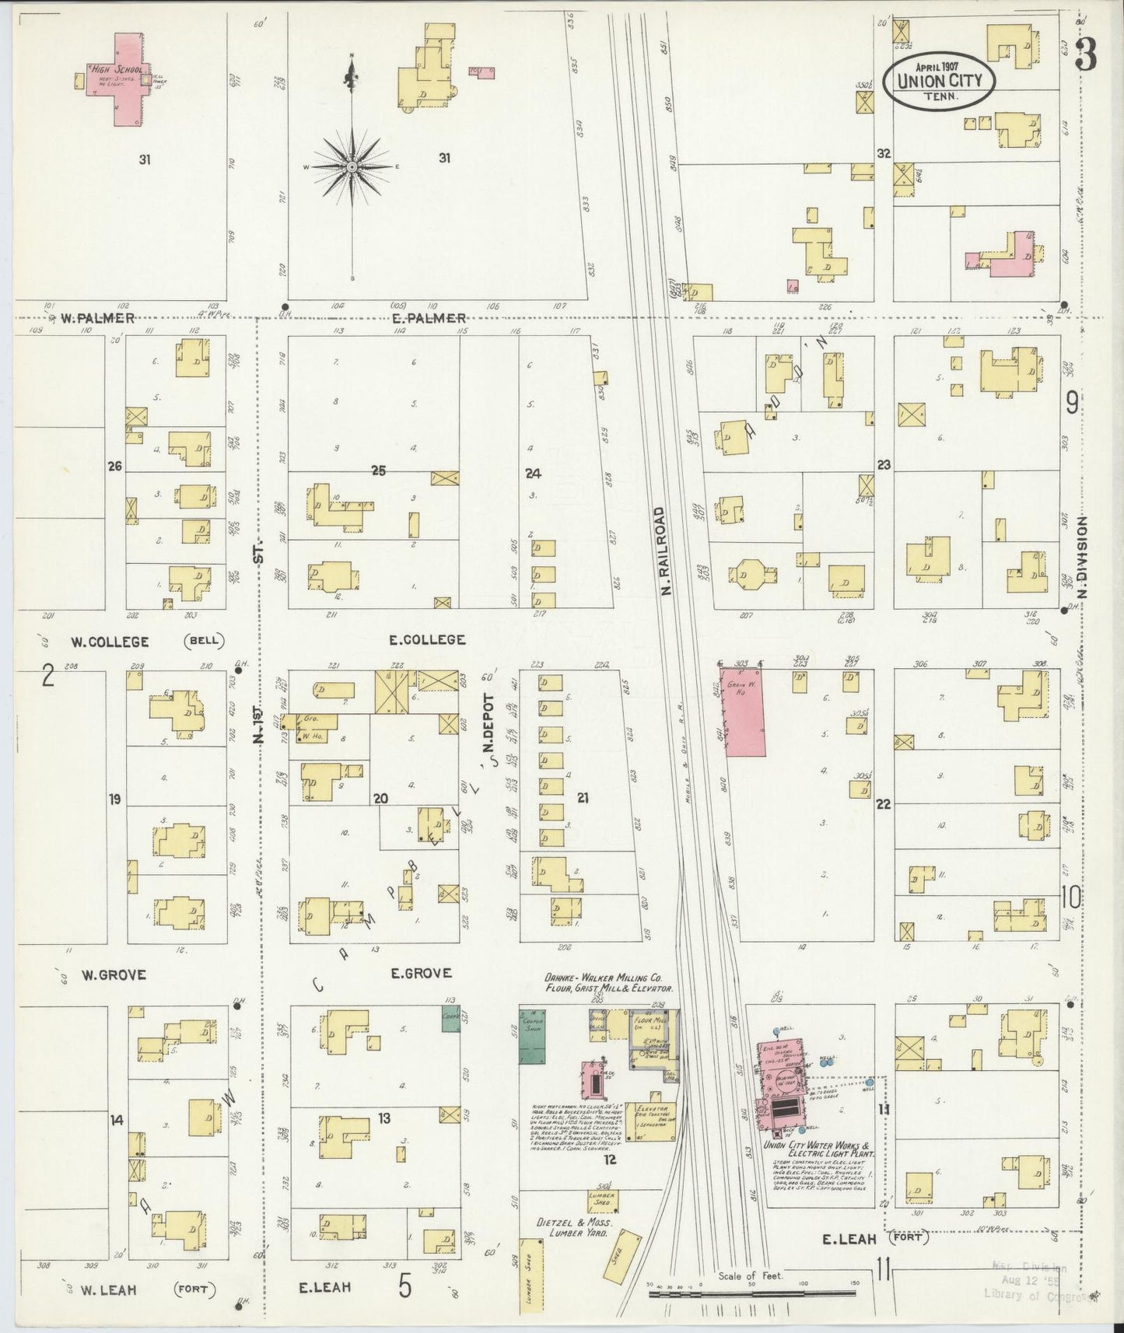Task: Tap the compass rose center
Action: (x=352, y=167)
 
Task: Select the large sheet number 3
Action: (x=1086, y=55)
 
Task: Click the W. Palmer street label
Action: (x=99, y=318)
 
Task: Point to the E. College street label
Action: (x=427, y=639)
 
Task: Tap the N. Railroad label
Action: (x=664, y=551)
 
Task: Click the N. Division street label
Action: (x=1082, y=558)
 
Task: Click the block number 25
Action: (x=379, y=471)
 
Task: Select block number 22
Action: (x=883, y=803)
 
